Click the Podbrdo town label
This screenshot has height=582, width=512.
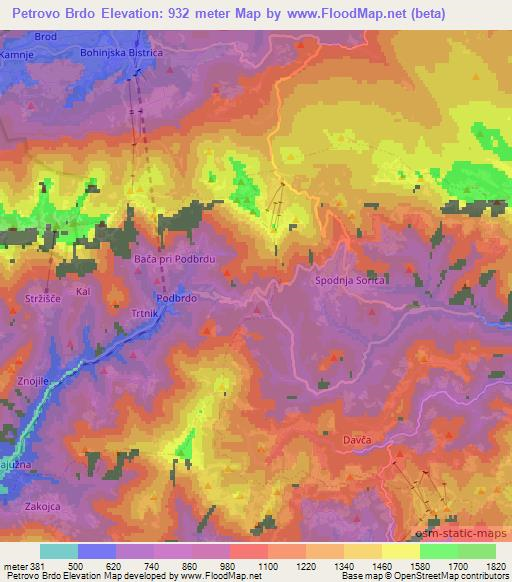tap(175, 298)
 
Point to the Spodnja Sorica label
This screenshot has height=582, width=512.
tap(350, 281)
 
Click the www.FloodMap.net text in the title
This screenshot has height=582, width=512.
tap(329, 14)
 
